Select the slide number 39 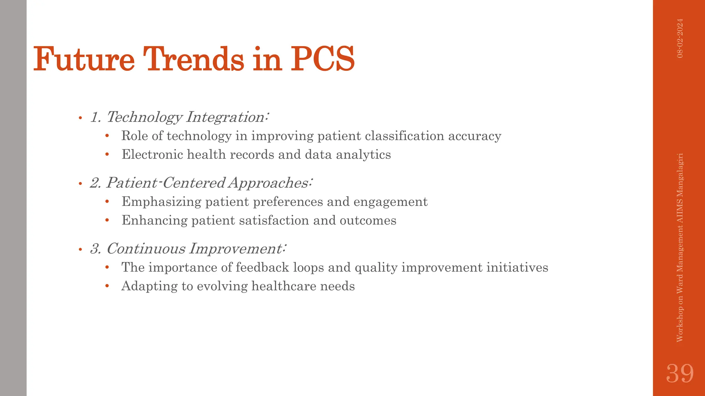pyautogui.click(x=680, y=373)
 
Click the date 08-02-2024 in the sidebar pyautogui.click(x=680, y=38)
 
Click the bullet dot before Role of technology pyautogui.click(x=107, y=136)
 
